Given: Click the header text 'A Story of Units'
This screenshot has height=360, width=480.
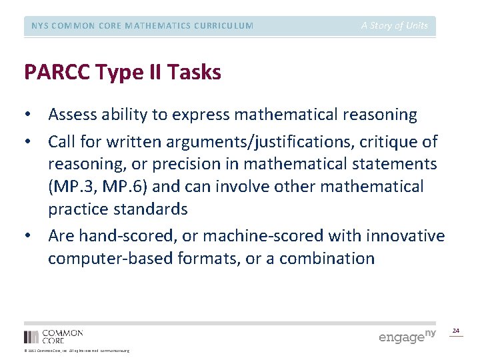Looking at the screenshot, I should click(x=395, y=26).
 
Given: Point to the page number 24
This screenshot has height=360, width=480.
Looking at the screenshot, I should click(x=456, y=331).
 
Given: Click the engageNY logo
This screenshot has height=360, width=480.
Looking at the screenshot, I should click(x=407, y=336).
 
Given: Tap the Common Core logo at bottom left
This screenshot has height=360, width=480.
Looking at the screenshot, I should click(x=53, y=336).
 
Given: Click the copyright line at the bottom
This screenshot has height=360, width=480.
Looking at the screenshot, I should click(x=77, y=351).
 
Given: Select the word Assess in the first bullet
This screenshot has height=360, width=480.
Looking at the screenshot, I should click(x=73, y=115).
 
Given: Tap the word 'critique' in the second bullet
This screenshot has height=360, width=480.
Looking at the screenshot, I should click(x=385, y=141).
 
